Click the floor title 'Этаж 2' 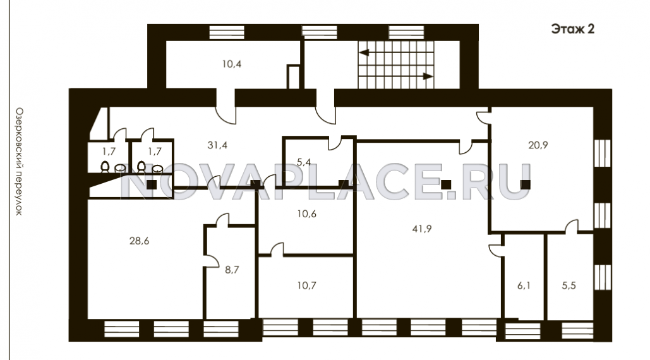pyautogui.click(x=572, y=28)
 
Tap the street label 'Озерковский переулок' pyautogui.click(x=19, y=162)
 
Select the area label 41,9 pyautogui.click(x=422, y=229)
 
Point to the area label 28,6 pyautogui.click(x=139, y=241)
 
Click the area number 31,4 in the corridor pyautogui.click(x=217, y=145)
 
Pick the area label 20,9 pyautogui.click(x=538, y=145)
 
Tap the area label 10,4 pyautogui.click(x=232, y=64)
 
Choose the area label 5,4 pyautogui.click(x=304, y=162)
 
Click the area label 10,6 pyautogui.click(x=307, y=213)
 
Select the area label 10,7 pyautogui.click(x=307, y=285)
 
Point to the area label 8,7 pyautogui.click(x=232, y=270)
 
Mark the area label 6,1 pyautogui.click(x=524, y=285)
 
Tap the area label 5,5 pyautogui.click(x=569, y=285)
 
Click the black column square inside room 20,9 pyautogui.click(x=525, y=184)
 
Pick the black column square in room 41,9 pyautogui.click(x=445, y=184)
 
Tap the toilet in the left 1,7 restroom pyautogui.click(x=105, y=167)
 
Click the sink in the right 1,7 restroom pyautogui.click(x=157, y=169)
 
